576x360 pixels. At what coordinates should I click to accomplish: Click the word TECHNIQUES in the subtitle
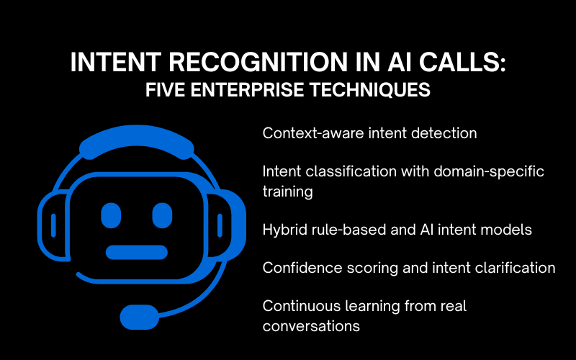[x=384, y=92]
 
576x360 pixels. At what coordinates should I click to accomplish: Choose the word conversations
[x=311, y=325]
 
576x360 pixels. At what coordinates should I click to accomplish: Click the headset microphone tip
[x=140, y=316]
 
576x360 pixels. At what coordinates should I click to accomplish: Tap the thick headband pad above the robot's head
[x=137, y=145]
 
